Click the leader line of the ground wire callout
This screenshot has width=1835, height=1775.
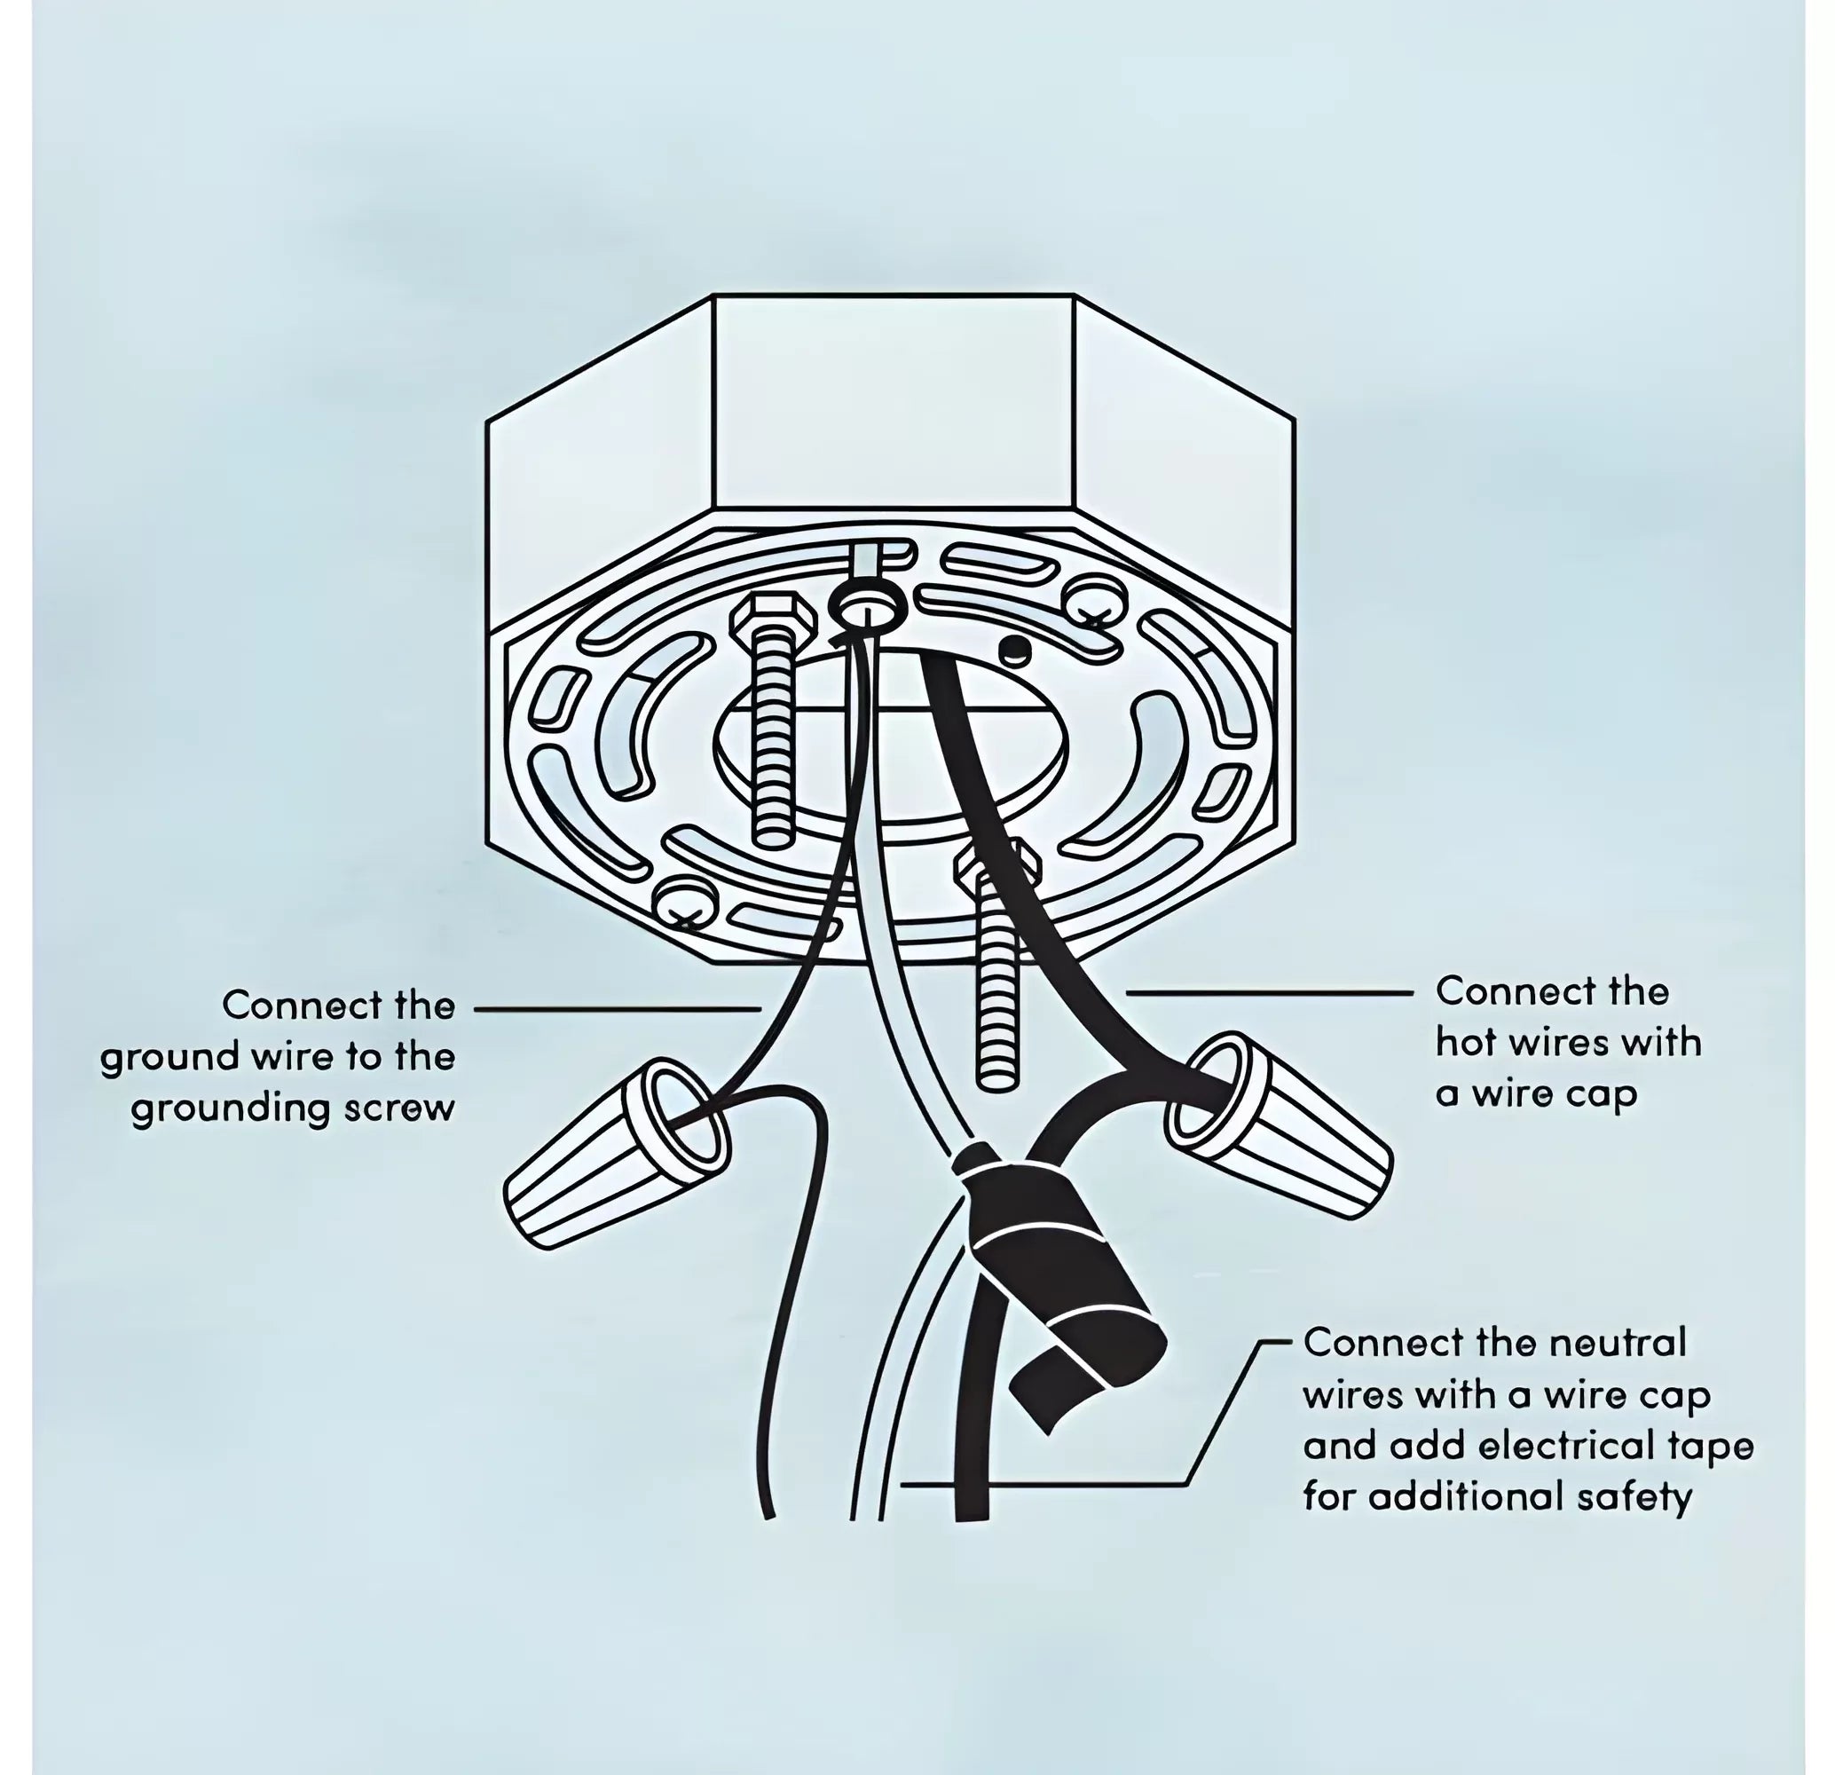618,1009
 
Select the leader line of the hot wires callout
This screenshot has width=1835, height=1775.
1269,992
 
